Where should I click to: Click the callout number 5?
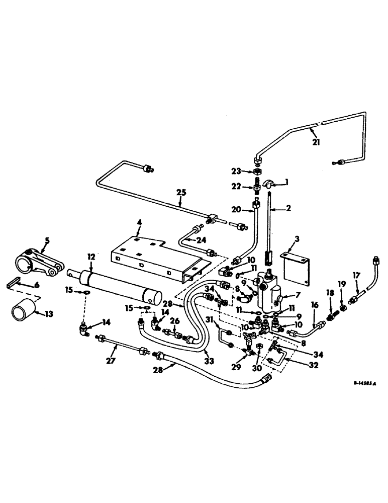[46, 240]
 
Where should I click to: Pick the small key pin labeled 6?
[15, 285]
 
